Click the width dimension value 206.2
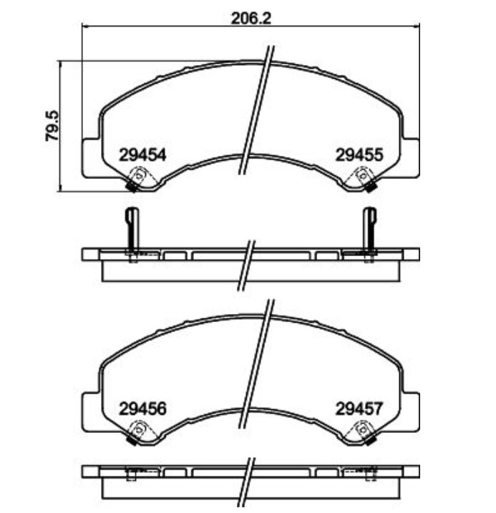(251, 19)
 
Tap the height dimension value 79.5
(52, 126)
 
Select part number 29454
(142, 155)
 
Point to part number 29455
(359, 155)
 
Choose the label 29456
(142, 409)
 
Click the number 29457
(359, 409)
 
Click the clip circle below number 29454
(139, 175)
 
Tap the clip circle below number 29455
(363, 175)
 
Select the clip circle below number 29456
(139, 429)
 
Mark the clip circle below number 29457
(363, 429)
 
